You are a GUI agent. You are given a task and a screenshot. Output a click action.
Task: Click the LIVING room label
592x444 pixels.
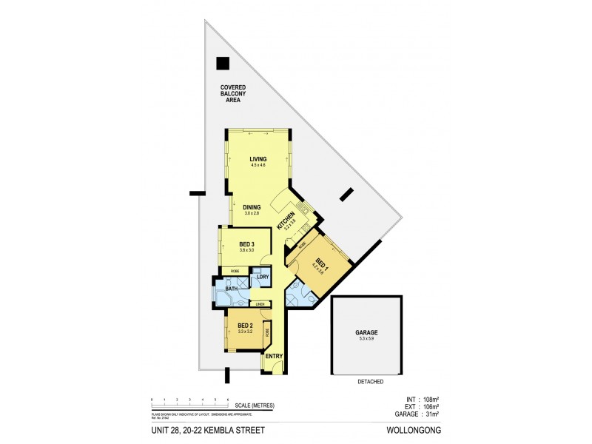pyautogui.click(x=258, y=159)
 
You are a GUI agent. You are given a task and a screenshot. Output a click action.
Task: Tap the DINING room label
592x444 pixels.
pyautogui.click(x=252, y=207)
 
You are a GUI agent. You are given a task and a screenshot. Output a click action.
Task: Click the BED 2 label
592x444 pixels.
pyautogui.click(x=246, y=326)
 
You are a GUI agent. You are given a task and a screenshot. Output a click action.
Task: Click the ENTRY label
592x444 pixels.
pyautogui.click(x=275, y=357)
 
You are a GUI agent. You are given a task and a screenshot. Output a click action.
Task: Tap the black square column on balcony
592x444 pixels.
pyautogui.click(x=223, y=64)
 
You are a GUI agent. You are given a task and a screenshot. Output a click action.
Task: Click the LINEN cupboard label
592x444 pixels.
pyautogui.click(x=260, y=304)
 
